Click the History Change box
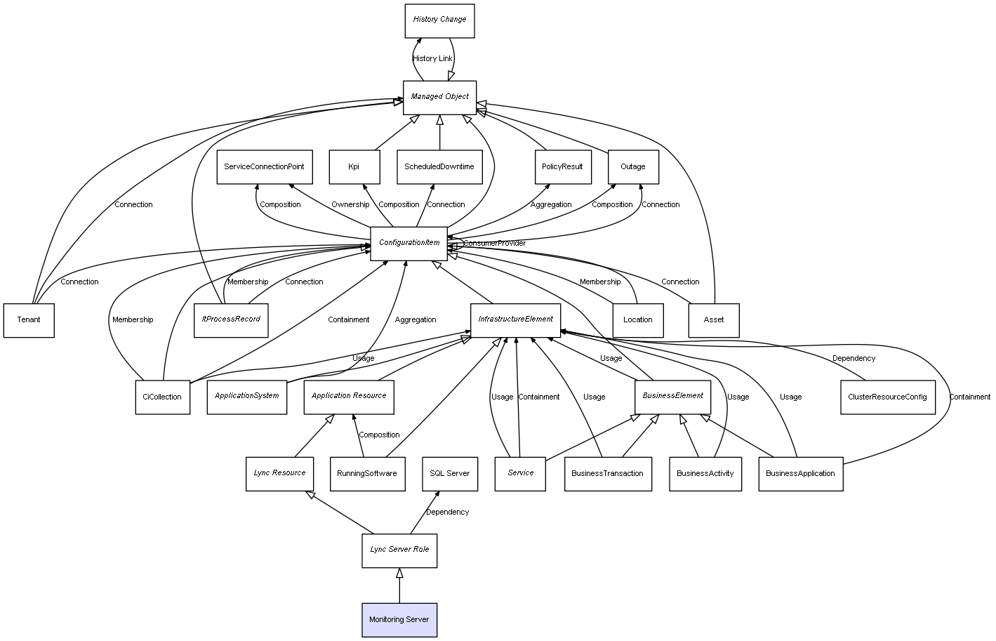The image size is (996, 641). point(439,20)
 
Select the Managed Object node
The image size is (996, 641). point(439,97)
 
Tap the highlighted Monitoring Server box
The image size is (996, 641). point(399,620)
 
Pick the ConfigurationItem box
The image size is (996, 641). point(409,243)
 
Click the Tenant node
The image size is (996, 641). point(29,320)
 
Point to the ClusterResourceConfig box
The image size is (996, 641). point(887,397)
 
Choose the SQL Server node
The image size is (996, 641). point(449,473)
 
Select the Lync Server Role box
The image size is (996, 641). point(399,550)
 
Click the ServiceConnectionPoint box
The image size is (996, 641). point(264,167)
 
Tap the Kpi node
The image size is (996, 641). point(354,167)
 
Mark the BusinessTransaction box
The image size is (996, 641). point(607,473)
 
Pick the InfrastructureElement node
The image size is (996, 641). point(515,319)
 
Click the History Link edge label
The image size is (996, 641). point(432,59)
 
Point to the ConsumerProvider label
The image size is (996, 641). point(494,244)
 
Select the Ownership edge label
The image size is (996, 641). point(350,205)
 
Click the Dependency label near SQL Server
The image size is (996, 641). point(447,513)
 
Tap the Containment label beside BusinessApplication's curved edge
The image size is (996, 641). point(969,397)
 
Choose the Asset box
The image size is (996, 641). point(713,320)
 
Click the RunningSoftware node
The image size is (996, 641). point(366,473)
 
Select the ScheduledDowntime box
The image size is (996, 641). point(439,167)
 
